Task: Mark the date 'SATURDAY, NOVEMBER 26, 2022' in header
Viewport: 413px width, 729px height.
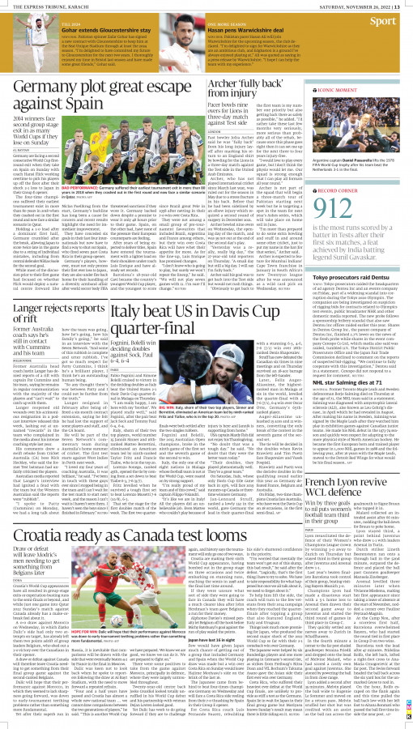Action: click(357, 4)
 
